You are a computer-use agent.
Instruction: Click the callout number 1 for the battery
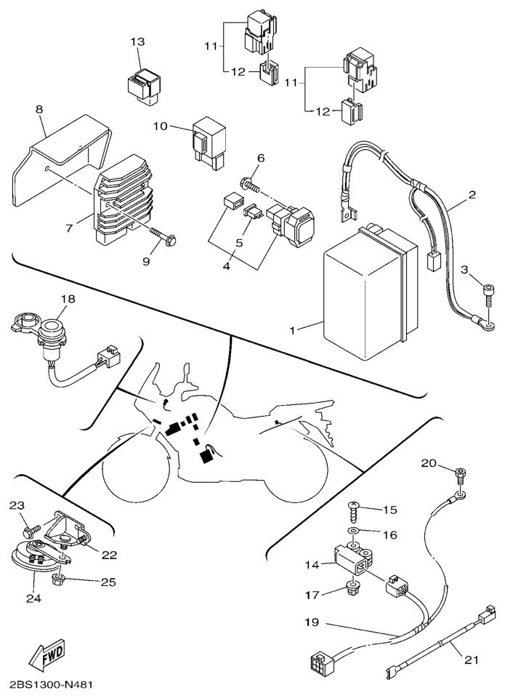(293, 330)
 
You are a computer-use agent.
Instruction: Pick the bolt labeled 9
(165, 236)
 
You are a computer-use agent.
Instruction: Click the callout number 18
(68, 299)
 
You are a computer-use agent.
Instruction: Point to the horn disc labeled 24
(36, 561)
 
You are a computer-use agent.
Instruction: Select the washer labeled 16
(352, 534)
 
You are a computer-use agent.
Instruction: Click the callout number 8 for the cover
(39, 109)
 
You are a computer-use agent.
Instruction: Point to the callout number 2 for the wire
(472, 196)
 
